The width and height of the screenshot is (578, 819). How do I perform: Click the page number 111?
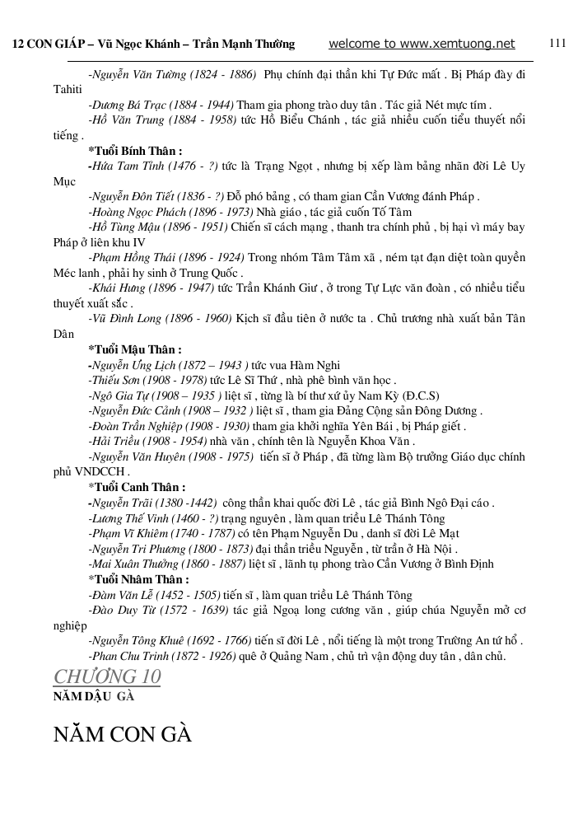click(x=557, y=44)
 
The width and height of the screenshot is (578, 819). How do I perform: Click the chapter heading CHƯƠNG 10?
click(x=107, y=676)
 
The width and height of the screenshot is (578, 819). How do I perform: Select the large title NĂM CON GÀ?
click(x=123, y=733)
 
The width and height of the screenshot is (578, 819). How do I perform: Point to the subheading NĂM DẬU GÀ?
click(x=93, y=696)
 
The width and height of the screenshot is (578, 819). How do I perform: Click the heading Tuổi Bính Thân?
click(x=137, y=151)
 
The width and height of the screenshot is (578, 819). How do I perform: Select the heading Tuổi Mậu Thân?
click(x=137, y=349)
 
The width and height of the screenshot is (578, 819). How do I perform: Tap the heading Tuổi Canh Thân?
click(x=138, y=487)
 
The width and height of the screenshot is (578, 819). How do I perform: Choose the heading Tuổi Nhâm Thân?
click(x=138, y=580)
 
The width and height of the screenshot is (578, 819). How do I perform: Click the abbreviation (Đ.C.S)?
click(x=414, y=395)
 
